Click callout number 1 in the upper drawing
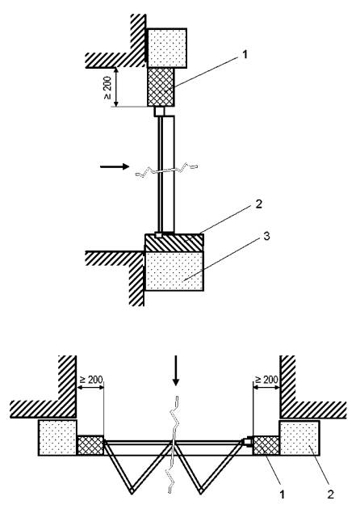pos(245,54)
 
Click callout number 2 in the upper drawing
pos(258,204)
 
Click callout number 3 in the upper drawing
pos(266,236)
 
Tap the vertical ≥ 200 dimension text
pos(107,88)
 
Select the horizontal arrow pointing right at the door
pos(115,167)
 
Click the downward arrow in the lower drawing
pos(176,370)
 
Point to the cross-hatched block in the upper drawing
pos(161,87)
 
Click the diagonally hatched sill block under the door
pos(174,242)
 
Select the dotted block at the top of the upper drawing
pos(167,48)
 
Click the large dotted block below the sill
pos(174,271)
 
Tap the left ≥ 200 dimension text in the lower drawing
pos(91,379)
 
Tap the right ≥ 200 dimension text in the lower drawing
pos(266,379)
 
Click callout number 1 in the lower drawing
pos(283,494)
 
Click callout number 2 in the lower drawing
pos(331,494)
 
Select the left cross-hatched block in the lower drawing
pos(90,445)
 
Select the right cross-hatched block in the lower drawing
pos(266,445)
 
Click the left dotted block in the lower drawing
pos(57,438)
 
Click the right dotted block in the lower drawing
pos(299,438)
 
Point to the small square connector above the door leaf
pos(159,111)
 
